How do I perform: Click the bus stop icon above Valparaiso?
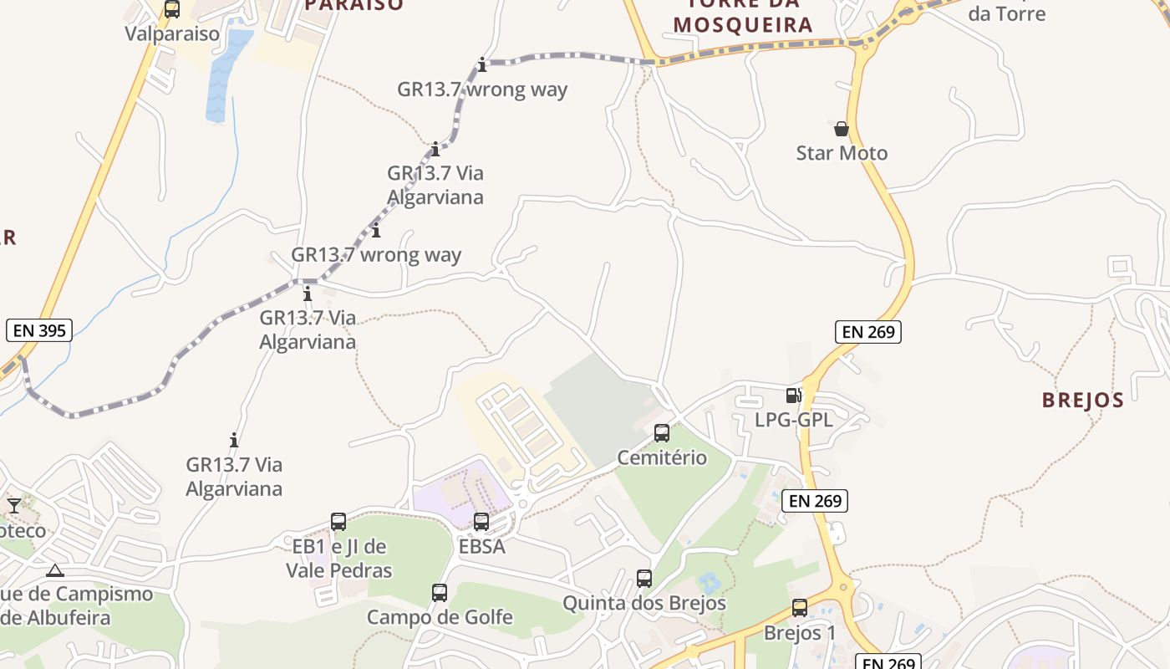(172, 9)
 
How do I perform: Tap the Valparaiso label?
(172, 34)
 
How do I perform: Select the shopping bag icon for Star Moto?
(842, 129)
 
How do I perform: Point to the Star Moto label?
(842, 153)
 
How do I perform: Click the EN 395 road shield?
(39, 330)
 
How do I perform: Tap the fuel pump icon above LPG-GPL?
(794, 396)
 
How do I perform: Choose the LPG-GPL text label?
(794, 420)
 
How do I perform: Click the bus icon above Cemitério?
(662, 433)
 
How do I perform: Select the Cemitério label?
(662, 457)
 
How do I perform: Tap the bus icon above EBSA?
(481, 522)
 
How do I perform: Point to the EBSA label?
(482, 547)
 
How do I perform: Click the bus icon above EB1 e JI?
(338, 522)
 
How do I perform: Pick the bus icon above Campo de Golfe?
(440, 593)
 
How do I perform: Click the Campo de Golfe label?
(440, 618)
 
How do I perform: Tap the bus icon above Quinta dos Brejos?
(644, 579)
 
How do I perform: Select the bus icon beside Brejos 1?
(800, 608)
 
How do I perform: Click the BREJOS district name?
(1082, 400)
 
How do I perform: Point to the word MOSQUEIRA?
(743, 25)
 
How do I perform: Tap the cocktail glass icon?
(14, 506)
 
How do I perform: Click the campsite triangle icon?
(55, 571)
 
